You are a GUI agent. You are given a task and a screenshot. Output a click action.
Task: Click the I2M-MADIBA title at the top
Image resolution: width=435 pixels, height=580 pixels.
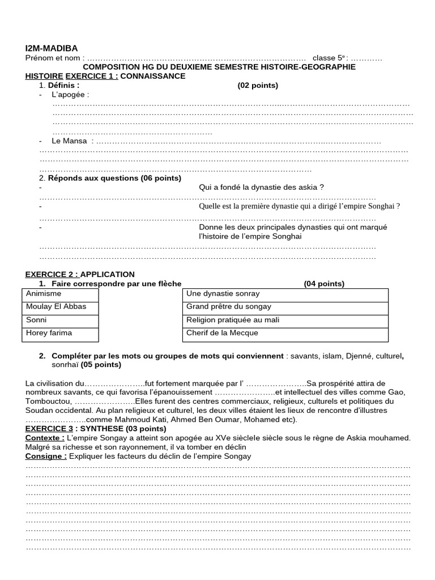[52, 48]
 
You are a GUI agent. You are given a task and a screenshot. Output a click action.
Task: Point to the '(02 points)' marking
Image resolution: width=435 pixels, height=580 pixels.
[258, 86]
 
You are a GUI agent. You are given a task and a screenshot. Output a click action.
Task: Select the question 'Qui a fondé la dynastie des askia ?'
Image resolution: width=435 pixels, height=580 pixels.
[261, 187]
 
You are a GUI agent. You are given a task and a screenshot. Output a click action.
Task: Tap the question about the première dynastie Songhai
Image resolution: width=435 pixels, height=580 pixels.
[299, 207]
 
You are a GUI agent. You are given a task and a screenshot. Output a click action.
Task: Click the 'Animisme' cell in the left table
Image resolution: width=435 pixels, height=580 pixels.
[44, 294]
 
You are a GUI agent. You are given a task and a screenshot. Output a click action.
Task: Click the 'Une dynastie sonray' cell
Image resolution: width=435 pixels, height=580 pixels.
[223, 294]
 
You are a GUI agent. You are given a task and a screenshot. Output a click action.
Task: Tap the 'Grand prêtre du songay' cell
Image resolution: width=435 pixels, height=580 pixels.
[229, 307]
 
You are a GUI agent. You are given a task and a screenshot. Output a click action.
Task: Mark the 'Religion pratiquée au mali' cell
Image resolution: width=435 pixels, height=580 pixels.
[233, 320]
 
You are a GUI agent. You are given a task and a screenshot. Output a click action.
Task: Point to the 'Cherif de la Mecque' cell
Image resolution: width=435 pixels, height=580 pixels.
[222, 333]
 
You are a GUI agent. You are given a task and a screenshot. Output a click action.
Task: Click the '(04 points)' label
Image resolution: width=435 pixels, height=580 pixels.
[323, 284]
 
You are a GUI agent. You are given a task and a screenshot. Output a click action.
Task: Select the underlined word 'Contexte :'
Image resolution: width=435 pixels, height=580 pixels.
[45, 438]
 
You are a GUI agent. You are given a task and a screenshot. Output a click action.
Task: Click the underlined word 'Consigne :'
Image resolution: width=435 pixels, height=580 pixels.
[46, 457]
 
